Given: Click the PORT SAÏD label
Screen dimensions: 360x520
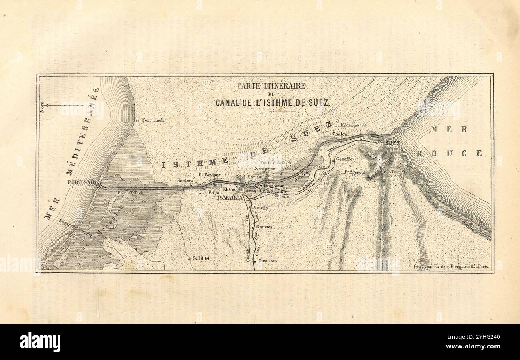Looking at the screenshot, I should (82, 182).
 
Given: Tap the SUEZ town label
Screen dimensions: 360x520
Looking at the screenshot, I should (393, 142).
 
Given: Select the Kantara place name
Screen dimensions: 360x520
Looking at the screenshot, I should (185, 181).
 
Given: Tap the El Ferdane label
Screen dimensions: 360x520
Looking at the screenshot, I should (210, 175).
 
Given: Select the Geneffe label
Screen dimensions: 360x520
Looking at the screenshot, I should (344, 159).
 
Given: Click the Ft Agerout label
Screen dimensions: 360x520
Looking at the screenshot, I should (355, 172).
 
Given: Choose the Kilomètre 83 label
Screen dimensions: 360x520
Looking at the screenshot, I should (353, 125).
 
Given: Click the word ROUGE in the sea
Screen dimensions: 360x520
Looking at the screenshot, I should (449, 153).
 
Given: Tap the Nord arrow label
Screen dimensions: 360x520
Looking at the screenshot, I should (42, 106).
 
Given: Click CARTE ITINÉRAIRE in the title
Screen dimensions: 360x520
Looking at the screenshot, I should (271, 86).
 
